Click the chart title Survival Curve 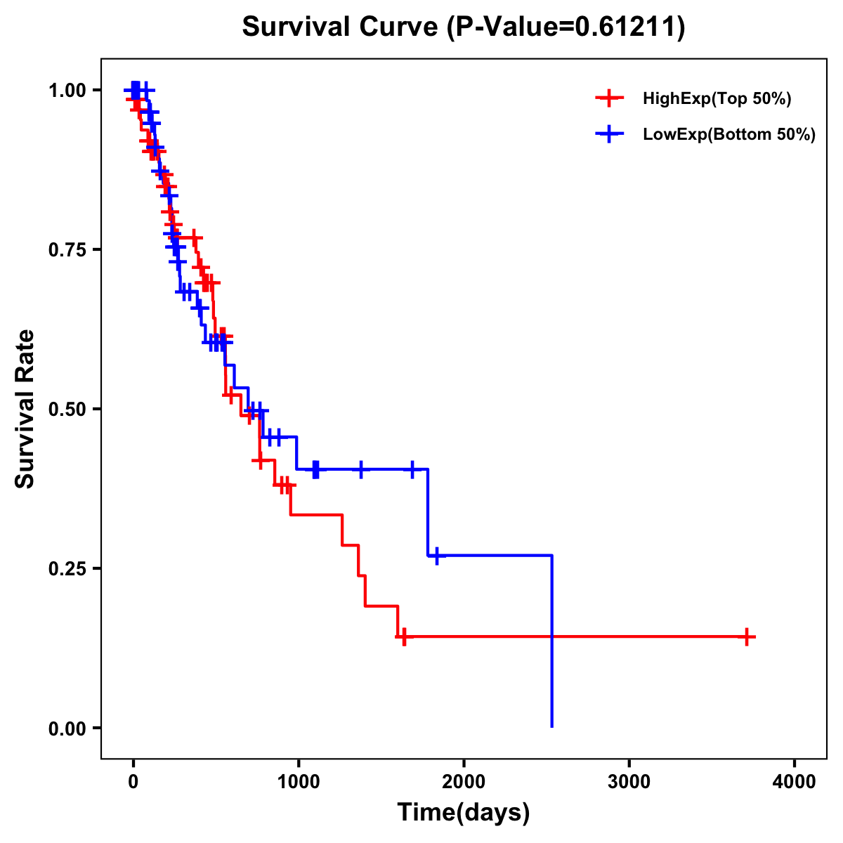coord(341,27)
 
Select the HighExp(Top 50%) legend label coord(717,99)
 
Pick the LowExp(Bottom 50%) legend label coord(729,135)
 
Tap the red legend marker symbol coord(610,98)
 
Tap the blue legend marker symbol coord(610,134)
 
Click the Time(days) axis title coord(464,813)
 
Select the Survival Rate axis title coord(25,409)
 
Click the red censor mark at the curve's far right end coord(747,637)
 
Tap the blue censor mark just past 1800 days coord(437,556)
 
